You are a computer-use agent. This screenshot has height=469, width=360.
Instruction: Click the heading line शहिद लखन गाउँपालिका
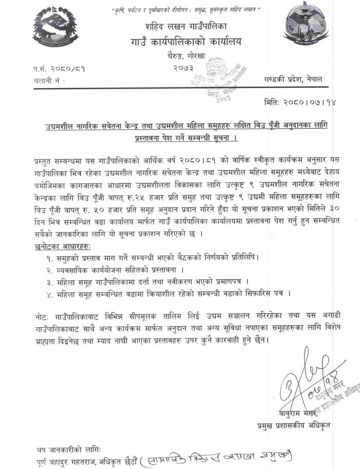tap(183, 26)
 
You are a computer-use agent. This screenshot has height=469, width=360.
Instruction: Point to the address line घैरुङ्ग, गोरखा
tap(184, 58)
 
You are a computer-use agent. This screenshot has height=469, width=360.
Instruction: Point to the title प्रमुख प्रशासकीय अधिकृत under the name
tap(294, 426)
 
